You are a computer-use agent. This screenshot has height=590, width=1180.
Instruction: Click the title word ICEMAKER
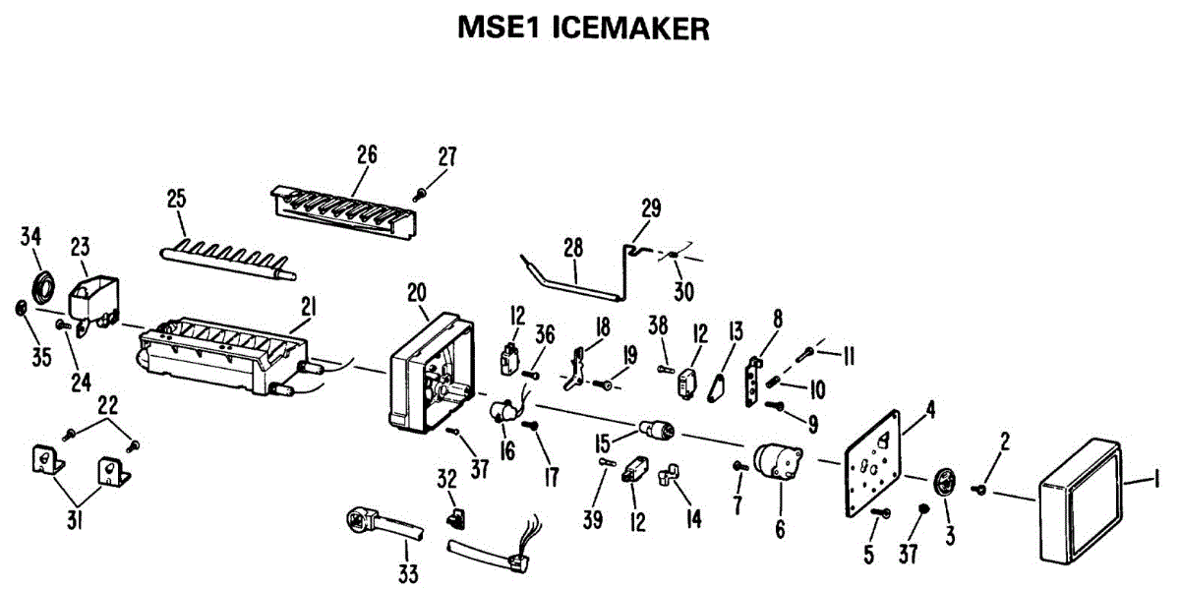(631, 29)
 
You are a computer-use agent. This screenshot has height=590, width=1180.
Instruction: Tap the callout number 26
(367, 154)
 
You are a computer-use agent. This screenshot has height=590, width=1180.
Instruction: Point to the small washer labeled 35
(21, 310)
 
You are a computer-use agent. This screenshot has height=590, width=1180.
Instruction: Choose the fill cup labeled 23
(93, 295)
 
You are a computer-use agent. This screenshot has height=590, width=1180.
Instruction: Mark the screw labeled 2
(981, 489)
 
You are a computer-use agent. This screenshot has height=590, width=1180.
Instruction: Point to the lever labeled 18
(584, 362)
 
